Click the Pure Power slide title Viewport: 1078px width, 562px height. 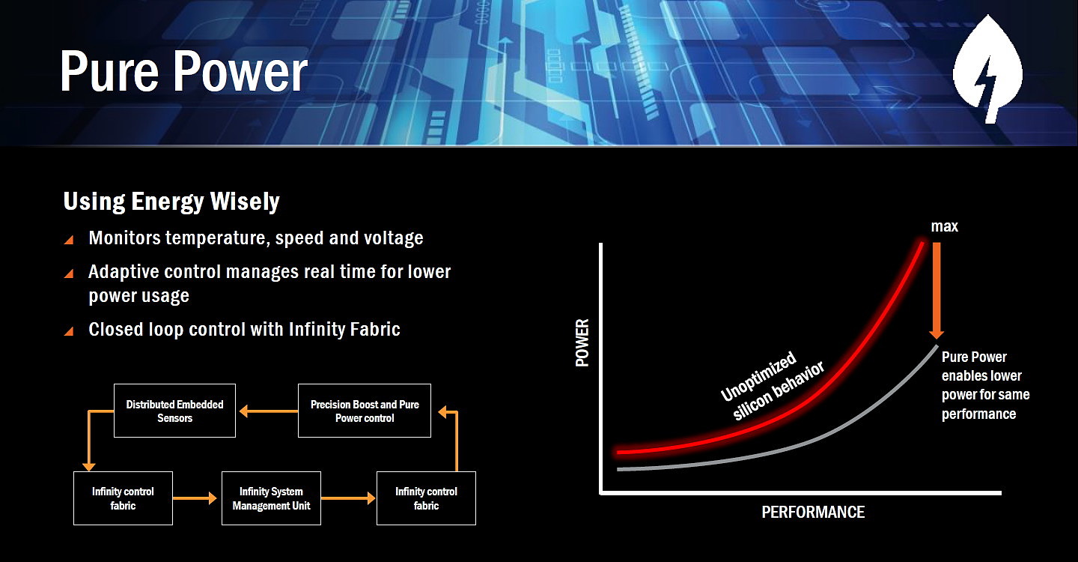183,72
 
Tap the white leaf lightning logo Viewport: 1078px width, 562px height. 988,69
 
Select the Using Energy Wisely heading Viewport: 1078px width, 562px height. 171,202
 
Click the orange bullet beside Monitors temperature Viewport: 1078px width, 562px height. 69,239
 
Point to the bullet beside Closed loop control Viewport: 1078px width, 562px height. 69,331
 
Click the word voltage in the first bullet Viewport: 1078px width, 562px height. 393,238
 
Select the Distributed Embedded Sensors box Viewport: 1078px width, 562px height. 174,411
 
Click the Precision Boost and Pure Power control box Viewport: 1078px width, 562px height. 365,411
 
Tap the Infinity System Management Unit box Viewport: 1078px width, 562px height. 271,498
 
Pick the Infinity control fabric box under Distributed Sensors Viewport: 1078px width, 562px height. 123,498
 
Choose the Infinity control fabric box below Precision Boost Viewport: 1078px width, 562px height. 426,498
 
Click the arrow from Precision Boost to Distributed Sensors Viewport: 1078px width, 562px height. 269,411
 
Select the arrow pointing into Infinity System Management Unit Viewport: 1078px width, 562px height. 195,498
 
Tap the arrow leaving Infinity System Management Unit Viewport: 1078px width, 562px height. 348,498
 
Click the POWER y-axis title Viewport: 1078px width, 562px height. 582,342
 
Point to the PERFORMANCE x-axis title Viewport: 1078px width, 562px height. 813,512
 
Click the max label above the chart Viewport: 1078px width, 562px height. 944,226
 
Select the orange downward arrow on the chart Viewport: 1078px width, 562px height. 937,291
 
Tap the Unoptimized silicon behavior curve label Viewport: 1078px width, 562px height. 772,385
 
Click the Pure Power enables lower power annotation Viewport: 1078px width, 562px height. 985,385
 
